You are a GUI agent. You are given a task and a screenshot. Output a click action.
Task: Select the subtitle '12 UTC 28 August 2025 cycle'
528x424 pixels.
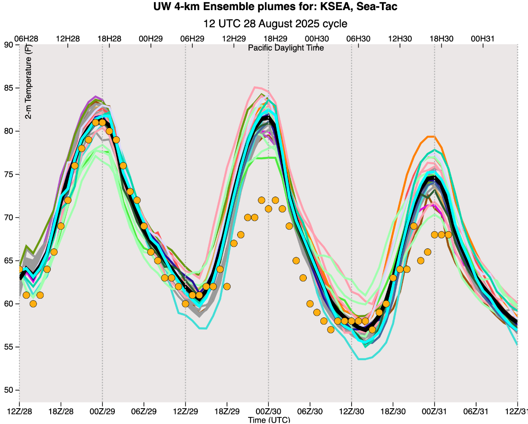(x=275, y=23)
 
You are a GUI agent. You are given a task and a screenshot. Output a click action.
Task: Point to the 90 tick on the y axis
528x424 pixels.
(x=9, y=44)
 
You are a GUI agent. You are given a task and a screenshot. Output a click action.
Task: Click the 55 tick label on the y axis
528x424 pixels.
(x=9, y=347)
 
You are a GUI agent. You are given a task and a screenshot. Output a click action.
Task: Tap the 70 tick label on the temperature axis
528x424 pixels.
(x=9, y=218)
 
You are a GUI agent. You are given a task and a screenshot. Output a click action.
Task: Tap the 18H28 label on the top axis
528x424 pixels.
(x=110, y=39)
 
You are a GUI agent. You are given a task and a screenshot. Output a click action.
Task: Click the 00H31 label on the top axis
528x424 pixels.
(x=482, y=39)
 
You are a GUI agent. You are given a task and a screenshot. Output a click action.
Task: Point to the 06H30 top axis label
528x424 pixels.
(x=358, y=39)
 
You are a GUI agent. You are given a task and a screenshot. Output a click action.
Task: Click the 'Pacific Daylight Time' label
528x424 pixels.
(x=286, y=48)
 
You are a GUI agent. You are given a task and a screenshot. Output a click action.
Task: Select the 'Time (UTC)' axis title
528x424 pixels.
(x=269, y=420)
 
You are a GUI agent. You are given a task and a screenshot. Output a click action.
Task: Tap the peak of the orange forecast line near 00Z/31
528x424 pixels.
(x=431, y=136)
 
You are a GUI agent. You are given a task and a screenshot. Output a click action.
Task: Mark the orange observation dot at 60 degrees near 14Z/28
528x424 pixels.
(x=33, y=303)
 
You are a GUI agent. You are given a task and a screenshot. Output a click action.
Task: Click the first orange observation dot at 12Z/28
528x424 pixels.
(x=19, y=269)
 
